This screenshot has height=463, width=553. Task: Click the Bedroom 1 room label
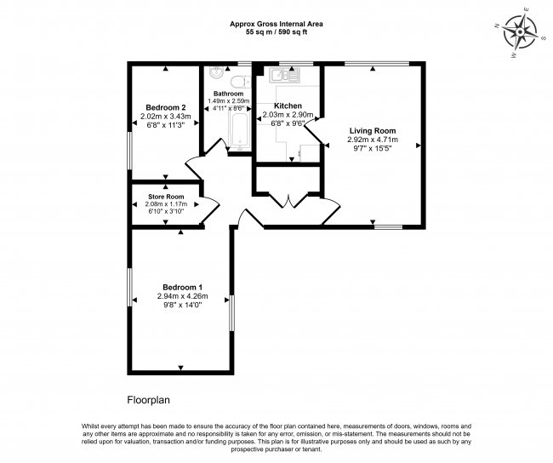coord(182,288)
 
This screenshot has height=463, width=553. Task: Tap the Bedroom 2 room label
coord(166,107)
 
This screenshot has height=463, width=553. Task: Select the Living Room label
coord(373,131)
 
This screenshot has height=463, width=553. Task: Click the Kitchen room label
coord(288,106)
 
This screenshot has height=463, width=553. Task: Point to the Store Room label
coord(166,197)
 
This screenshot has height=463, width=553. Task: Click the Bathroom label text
coord(228,94)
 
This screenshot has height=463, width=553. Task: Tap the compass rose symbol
coord(520,32)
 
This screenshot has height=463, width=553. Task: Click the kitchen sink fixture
coord(284,75)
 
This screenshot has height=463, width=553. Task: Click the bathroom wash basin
coord(215,72)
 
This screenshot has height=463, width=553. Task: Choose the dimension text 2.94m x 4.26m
coord(182,296)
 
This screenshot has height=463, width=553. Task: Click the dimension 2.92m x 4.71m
coord(373,140)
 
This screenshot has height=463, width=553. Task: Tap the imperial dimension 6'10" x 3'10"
coord(166,211)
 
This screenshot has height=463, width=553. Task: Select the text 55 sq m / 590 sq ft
coord(276,32)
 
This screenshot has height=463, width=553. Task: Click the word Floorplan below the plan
coord(149,400)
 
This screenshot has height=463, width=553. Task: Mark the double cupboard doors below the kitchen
coord(288,201)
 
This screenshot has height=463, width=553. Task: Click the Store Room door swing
coord(210,209)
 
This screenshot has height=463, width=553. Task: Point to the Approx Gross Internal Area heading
coord(276,25)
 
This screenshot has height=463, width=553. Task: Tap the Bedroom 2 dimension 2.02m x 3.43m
coord(166,116)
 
